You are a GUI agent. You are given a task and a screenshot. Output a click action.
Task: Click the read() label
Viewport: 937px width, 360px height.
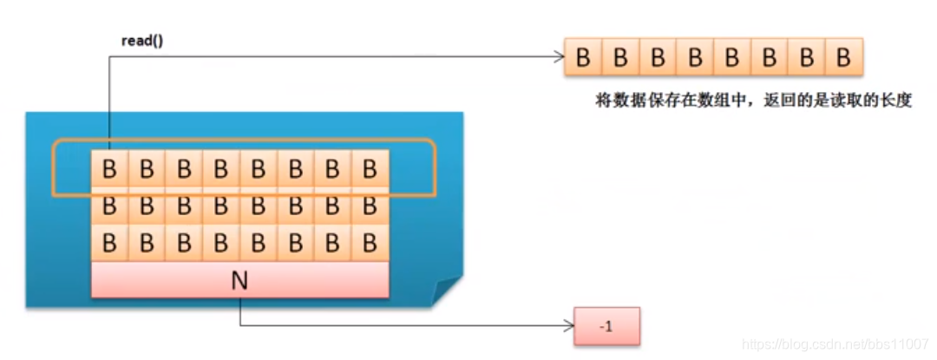tap(141, 42)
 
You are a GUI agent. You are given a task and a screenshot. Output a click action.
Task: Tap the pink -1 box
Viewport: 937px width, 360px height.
tap(606, 328)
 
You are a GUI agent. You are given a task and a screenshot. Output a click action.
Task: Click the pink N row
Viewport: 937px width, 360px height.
tap(239, 279)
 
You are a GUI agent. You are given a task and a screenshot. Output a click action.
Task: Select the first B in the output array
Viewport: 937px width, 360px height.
tap(583, 57)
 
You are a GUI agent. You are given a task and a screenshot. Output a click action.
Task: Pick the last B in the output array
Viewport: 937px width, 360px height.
tap(843, 57)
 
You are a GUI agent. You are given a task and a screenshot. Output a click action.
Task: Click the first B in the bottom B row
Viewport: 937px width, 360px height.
tap(109, 242)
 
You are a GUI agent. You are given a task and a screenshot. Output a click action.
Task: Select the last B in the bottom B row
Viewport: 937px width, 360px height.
tap(370, 242)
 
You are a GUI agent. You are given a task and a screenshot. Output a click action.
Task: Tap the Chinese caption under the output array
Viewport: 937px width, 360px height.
tap(743, 101)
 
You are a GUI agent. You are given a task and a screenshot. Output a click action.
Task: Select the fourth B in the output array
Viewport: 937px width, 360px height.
tap(695, 57)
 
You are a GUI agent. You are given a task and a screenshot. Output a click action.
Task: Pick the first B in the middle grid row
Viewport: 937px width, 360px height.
tap(109, 206)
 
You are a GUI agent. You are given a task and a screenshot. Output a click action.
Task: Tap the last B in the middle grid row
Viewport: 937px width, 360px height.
tap(370, 206)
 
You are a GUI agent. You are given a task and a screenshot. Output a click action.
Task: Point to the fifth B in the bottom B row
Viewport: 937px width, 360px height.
tap(259, 242)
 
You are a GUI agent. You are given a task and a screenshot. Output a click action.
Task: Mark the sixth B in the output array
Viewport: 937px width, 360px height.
tap(769, 57)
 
